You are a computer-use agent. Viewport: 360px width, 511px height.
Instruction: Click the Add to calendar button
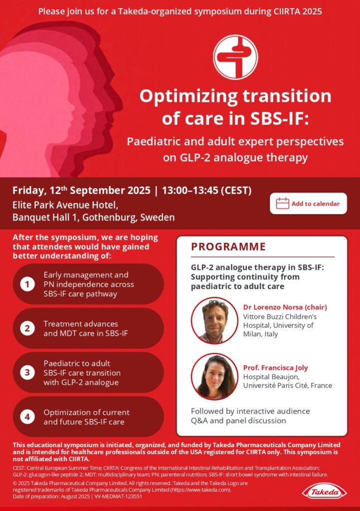308,204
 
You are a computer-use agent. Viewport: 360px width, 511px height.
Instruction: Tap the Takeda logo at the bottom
324,492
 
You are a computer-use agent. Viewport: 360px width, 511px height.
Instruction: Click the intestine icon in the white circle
236,57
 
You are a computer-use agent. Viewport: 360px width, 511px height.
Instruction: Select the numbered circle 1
27,284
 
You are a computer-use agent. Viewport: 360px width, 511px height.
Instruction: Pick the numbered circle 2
27,328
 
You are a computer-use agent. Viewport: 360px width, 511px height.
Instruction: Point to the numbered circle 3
27,372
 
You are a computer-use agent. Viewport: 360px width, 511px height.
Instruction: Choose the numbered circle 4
27,417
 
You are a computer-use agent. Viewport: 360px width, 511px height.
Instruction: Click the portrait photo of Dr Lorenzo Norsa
214,321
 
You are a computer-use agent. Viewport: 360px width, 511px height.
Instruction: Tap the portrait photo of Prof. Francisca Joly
214,376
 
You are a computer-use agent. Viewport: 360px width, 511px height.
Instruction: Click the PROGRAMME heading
228,247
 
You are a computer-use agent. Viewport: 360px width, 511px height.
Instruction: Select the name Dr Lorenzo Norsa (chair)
285,307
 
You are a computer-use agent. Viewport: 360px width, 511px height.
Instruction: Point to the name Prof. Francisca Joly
275,368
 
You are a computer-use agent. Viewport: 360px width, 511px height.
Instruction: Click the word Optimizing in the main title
189,96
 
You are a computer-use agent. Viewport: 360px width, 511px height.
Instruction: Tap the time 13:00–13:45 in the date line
190,190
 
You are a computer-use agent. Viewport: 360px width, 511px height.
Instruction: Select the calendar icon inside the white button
283,204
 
